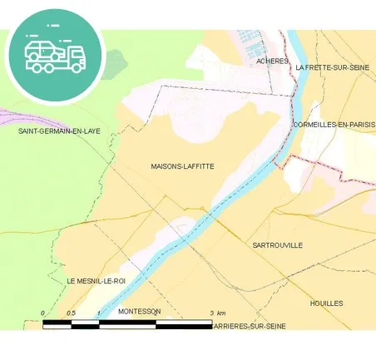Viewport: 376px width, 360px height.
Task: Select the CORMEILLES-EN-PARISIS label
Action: pyautogui.click(x=334, y=125)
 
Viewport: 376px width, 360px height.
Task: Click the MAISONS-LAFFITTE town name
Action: pyautogui.click(x=182, y=166)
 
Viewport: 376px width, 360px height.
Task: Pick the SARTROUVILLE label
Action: pyautogui.click(x=277, y=246)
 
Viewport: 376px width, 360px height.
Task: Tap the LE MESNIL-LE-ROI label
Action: pyautogui.click(x=96, y=282)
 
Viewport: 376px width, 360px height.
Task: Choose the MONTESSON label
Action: pyautogui.click(x=139, y=311)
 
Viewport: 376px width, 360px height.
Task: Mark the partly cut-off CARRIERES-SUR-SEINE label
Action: pyautogui.click(x=250, y=327)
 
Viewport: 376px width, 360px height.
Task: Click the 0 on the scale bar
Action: pyautogui.click(x=42, y=313)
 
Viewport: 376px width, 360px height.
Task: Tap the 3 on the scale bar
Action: pyautogui.click(x=211, y=313)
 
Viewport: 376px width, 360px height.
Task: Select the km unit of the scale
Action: pyautogui.click(x=221, y=313)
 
